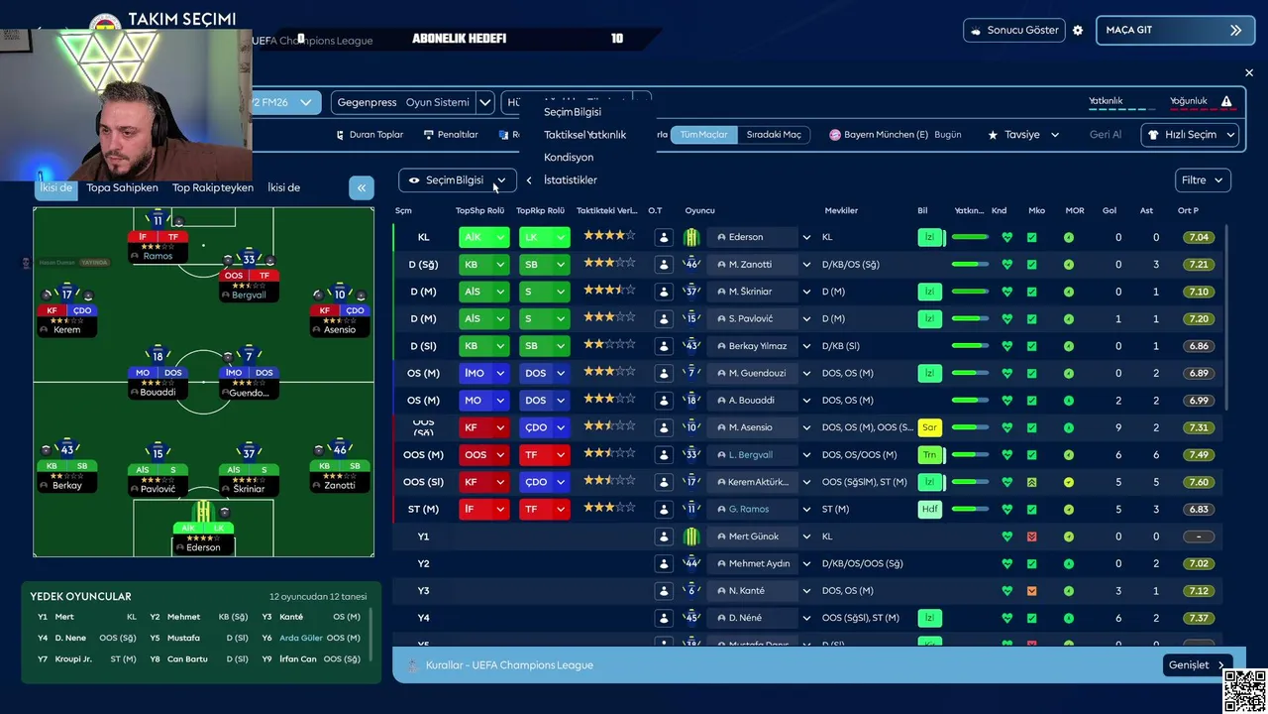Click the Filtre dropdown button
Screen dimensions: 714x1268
1203,180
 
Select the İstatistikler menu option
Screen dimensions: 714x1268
571,180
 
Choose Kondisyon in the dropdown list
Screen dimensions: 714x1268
569,158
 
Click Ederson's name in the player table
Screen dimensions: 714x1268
746,237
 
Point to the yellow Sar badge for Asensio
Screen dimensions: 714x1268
929,427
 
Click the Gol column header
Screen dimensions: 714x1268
1109,210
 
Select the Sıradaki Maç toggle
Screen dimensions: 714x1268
774,135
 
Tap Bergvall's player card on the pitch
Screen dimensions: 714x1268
249,277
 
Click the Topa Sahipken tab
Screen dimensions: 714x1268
122,187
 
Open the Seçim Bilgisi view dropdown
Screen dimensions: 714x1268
458,180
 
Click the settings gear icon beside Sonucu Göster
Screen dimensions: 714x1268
1078,31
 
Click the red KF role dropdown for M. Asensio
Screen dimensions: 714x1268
483,427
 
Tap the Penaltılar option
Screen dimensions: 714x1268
451,135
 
